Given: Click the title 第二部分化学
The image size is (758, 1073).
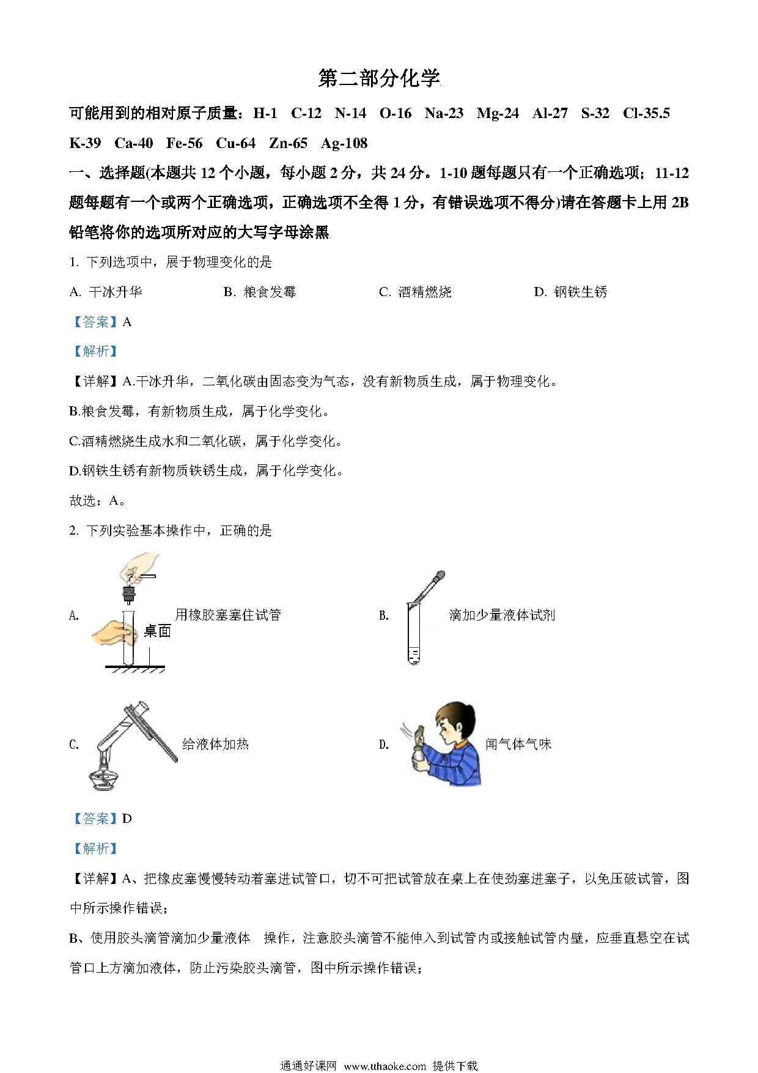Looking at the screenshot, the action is tap(379, 78).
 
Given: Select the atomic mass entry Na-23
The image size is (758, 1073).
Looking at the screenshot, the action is tap(444, 113).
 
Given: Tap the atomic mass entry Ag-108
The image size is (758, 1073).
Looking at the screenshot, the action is tap(344, 144).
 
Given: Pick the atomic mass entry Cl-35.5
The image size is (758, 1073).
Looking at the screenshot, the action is tap(646, 113).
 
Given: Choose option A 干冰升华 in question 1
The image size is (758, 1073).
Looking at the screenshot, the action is tap(106, 292).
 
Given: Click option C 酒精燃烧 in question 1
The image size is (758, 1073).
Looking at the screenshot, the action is tap(415, 292).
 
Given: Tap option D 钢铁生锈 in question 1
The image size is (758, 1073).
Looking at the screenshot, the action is tap(570, 292).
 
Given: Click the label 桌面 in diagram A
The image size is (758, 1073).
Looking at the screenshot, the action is tap(157, 632).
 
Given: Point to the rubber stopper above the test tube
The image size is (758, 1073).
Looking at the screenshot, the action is tap(129, 593).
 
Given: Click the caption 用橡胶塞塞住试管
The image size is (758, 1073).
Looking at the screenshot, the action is tap(228, 615).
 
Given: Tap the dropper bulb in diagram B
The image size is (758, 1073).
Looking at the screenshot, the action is tap(439, 576).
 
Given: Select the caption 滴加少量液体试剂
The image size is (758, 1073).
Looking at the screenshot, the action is tap(502, 615).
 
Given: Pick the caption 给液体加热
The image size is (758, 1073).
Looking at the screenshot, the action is tap(216, 744).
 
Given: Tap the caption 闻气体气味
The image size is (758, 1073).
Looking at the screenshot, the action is tap(518, 744).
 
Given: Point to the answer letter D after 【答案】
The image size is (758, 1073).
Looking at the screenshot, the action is tap(127, 819).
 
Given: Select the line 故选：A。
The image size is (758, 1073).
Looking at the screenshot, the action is tap(98, 501).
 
